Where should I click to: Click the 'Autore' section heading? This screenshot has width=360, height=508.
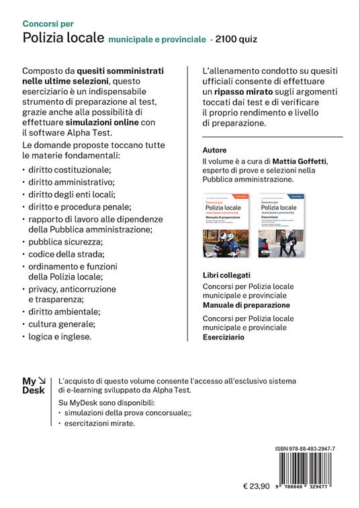click(214, 150)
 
